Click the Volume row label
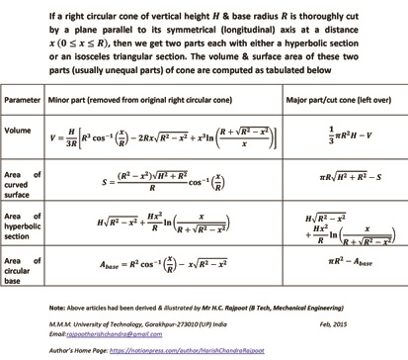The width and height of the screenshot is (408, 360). pyautogui.click(x=21, y=130)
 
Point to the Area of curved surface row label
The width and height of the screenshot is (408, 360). pyautogui.click(x=26, y=177)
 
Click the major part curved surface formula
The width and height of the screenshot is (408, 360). pyautogui.click(x=336, y=176)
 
